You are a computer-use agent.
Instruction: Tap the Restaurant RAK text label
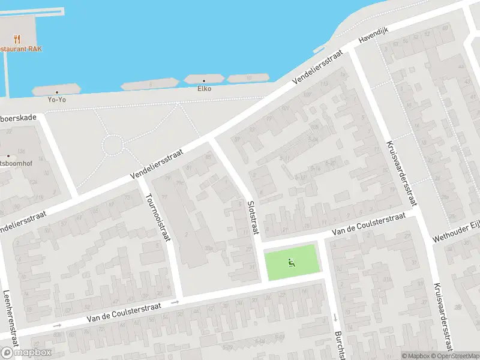coord(20,49)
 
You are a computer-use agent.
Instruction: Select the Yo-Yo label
coord(57,100)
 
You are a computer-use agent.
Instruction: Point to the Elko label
coord(205,89)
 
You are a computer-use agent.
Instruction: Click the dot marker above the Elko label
coord(205,80)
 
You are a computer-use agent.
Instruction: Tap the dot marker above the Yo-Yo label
coord(57,92)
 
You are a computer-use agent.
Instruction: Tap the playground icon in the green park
coord(291,262)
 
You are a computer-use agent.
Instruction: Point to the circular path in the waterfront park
coord(112,145)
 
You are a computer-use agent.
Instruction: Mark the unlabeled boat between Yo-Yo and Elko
coord(149,84)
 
